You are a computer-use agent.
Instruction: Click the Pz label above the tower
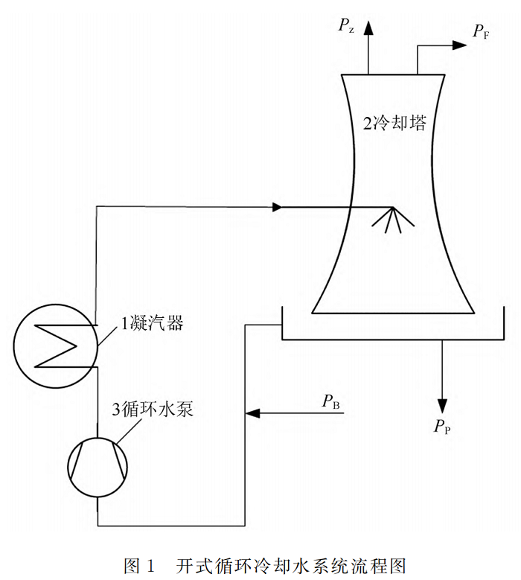346,28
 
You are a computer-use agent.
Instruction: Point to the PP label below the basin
442,426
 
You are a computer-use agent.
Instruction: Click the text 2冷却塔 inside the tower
394,124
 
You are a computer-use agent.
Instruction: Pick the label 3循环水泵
153,409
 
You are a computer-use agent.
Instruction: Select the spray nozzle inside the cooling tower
392,219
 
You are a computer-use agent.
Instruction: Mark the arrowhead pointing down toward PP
443,405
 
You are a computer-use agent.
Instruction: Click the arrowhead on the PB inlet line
252,410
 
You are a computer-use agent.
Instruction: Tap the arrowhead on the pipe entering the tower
278,207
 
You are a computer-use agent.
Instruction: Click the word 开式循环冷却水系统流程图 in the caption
291,564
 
